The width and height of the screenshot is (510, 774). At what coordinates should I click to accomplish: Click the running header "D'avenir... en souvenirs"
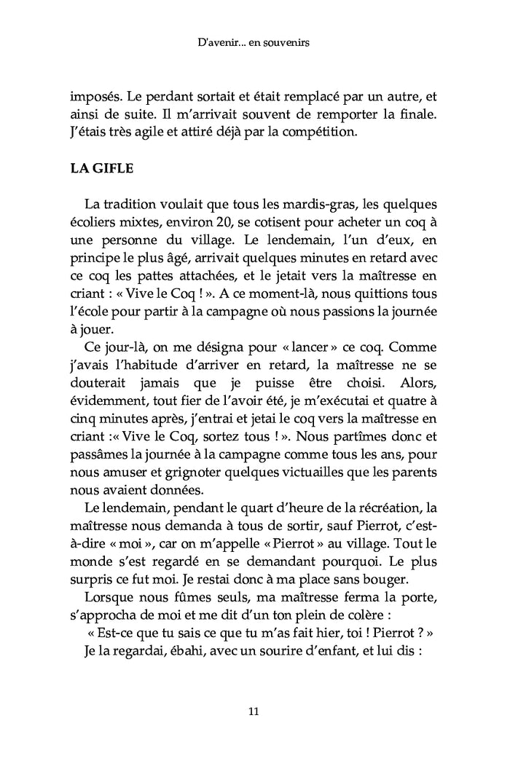click(254, 44)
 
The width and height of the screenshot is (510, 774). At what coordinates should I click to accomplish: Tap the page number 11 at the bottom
click(254, 711)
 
